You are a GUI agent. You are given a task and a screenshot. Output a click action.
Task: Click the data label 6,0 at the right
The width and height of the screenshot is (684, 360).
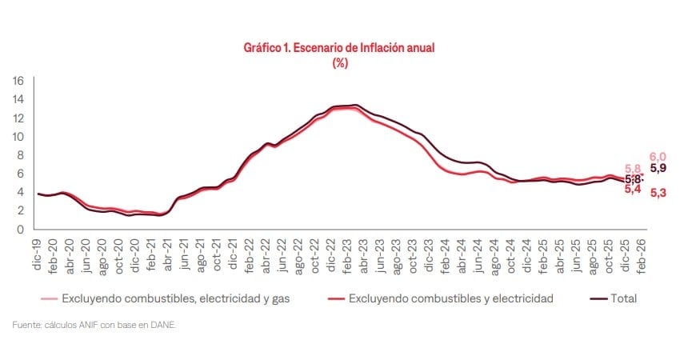point(658,156)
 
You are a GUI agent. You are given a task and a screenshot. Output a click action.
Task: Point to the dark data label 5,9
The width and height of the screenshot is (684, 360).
point(658,169)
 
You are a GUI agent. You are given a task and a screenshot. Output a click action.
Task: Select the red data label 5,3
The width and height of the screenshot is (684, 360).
point(658,193)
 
